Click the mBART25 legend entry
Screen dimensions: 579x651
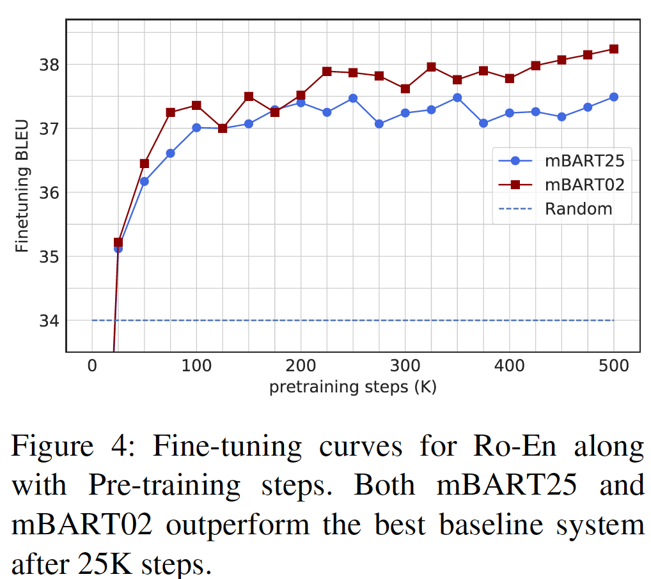point(560,160)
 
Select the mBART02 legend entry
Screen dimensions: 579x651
point(560,185)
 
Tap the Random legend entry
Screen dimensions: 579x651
point(560,209)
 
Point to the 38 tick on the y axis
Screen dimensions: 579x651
point(51,65)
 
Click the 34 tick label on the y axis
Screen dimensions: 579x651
point(51,321)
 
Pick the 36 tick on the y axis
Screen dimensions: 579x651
point(51,193)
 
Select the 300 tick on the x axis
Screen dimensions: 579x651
point(405,367)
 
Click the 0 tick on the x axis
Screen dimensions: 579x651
point(92,367)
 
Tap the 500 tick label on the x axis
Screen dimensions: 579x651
point(613,367)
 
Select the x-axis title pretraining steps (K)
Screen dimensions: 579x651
point(352,387)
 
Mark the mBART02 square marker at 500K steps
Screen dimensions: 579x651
point(613,49)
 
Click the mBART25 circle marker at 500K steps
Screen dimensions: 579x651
point(613,97)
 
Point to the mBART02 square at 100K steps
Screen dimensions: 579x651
point(196,105)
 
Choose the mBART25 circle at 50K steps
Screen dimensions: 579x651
point(145,181)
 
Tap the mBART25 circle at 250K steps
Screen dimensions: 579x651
point(353,98)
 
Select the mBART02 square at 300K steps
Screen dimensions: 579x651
point(405,89)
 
